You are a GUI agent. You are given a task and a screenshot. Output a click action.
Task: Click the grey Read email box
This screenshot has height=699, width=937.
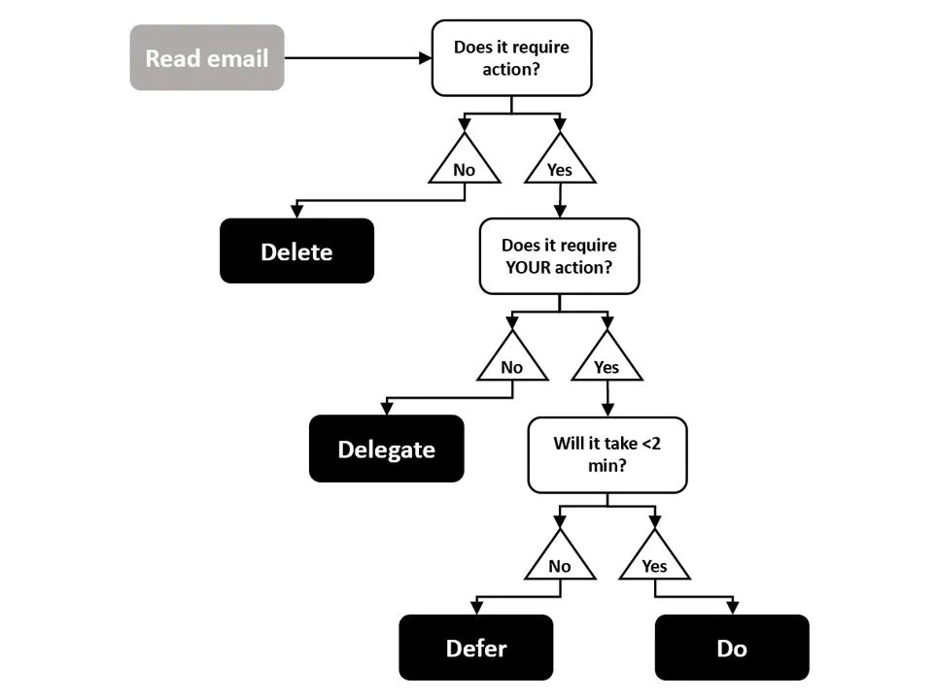coord(207,58)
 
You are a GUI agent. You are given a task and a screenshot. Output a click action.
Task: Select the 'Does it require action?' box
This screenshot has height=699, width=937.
coord(511,58)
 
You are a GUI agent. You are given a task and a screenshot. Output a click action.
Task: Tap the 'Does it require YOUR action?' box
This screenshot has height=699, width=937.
coord(559,256)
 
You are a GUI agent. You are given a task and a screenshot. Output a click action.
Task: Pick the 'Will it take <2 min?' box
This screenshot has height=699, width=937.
coord(607,454)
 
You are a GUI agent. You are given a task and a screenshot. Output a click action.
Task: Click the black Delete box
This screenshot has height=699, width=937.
coord(296,251)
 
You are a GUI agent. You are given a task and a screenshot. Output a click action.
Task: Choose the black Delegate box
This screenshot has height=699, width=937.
coord(386,449)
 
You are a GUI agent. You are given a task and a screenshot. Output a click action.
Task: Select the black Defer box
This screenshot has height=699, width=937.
coord(475,648)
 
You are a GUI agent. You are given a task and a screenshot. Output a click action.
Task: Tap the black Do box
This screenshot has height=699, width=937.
coord(731,648)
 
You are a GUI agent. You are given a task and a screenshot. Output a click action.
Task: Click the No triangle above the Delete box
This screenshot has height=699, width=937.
coord(465,165)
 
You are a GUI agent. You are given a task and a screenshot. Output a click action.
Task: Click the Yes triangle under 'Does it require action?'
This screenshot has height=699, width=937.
coord(559,165)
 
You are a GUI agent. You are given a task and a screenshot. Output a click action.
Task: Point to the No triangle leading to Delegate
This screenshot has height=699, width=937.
coord(512,363)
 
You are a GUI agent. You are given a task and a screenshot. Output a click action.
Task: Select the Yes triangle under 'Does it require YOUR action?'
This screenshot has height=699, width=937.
coord(607,363)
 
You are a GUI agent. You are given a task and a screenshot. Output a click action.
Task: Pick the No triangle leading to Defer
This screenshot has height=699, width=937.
coord(560,561)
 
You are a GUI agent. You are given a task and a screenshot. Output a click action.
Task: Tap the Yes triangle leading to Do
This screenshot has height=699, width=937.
coord(654,561)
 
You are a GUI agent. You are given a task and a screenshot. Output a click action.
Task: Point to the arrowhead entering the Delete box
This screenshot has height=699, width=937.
coord(296,213)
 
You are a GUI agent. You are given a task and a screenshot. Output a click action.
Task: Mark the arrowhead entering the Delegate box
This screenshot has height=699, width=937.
coord(387,410)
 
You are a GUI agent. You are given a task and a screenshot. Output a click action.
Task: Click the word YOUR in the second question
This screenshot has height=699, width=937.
coord(529,267)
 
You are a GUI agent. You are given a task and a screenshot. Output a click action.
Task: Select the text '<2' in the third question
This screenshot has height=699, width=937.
coord(652,444)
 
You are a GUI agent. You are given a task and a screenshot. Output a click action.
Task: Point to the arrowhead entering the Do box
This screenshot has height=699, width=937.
coord(731,609)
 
